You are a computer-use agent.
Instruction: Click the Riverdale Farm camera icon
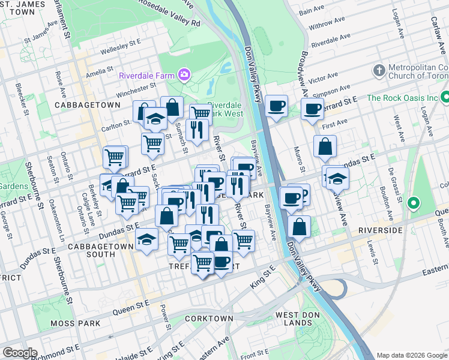coord(184,75)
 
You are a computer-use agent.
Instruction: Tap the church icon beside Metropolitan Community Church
coord(379,71)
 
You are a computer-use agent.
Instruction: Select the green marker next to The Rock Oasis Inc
coord(445,97)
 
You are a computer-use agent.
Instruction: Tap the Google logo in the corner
coord(19,353)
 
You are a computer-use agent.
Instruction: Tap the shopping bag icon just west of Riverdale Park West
coord(172,107)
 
